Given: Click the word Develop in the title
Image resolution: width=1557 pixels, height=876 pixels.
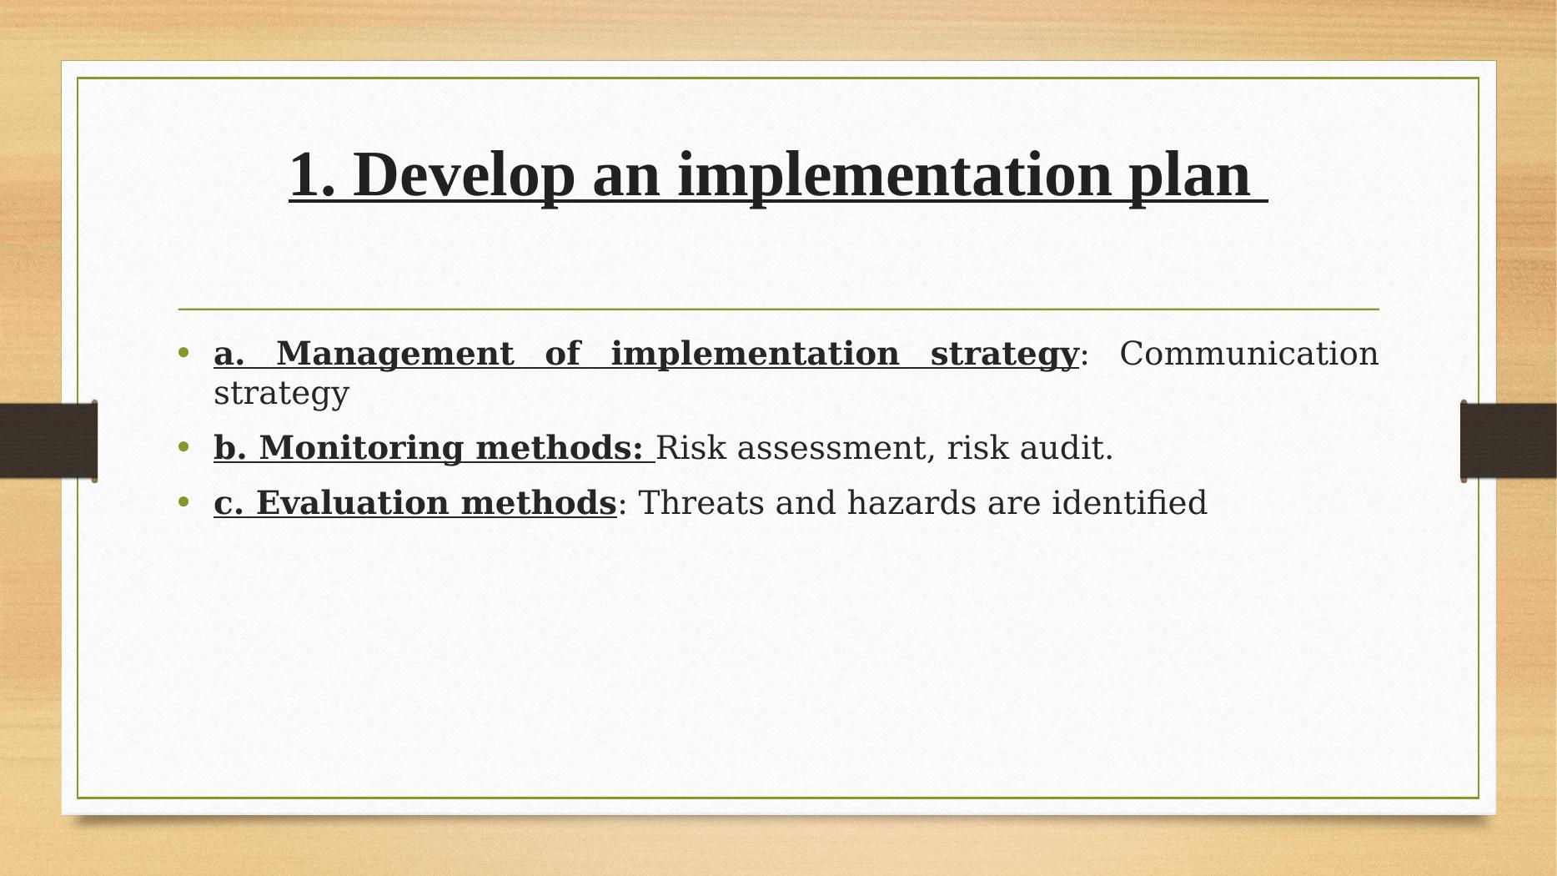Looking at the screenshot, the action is pyautogui.click(x=465, y=175).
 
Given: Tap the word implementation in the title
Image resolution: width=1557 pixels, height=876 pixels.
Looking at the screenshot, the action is pyautogui.click(x=895, y=175).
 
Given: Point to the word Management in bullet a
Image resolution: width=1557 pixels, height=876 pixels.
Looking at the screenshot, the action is pyautogui.click(x=394, y=354).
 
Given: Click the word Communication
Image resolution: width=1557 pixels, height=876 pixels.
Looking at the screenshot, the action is pyautogui.click(x=1248, y=353).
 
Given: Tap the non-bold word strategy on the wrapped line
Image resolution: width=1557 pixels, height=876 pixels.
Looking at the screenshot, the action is pyautogui.click(x=281, y=394).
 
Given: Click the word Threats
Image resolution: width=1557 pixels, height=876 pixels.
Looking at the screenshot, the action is pyautogui.click(x=701, y=503).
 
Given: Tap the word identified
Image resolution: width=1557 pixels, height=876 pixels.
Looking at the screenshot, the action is pyautogui.click(x=1129, y=503).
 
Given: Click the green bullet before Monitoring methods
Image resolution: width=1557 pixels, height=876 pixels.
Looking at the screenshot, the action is pyautogui.click(x=184, y=447).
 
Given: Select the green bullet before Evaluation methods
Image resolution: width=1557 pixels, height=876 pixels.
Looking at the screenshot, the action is pyautogui.click(x=184, y=502).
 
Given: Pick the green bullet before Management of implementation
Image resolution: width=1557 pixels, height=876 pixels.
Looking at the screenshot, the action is pyautogui.click(x=184, y=353).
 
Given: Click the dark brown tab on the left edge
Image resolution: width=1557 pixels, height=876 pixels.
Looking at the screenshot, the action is pyautogui.click(x=48, y=441).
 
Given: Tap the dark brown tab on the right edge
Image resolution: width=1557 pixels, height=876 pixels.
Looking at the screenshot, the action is pyautogui.click(x=1508, y=441).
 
